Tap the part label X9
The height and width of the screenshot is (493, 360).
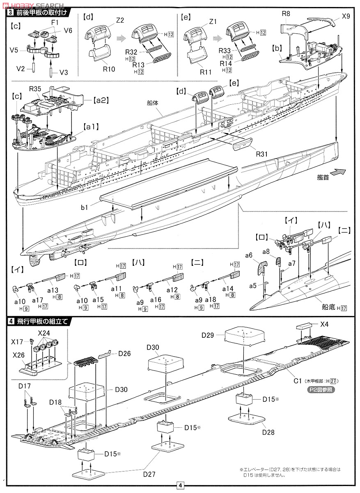[346, 17]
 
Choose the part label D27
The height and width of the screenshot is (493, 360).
[150, 475]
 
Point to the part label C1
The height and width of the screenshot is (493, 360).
[298, 381]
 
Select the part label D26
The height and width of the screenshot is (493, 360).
[124, 353]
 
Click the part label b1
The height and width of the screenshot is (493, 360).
[85, 208]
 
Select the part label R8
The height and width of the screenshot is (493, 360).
[286, 14]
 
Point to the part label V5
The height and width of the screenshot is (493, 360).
[14, 50]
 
